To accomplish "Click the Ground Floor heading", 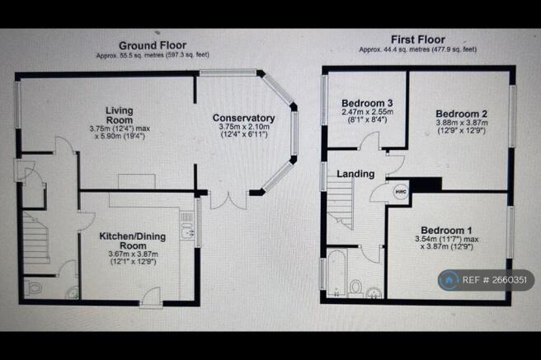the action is pos(153,45).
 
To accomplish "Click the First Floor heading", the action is pos(418,40).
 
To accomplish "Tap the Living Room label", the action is pos(120,115).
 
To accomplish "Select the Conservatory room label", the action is pos(243,118).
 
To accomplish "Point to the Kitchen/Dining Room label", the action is pos(133,241).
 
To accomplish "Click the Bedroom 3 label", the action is pos(367,103).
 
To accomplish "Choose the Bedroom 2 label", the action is pos(462,114).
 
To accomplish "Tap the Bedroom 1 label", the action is pos(446,230).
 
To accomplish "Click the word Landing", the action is pos(355,174).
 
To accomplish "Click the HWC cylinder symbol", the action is pos(401,192).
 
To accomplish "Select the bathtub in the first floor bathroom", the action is pos(336,274).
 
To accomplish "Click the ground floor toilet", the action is pos(34,288).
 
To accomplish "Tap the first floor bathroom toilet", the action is pos(355,288).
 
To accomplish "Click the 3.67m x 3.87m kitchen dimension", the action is pos(133,255).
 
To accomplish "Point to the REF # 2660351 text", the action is pos(495,280).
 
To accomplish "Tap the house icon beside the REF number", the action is pos(449,280).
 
